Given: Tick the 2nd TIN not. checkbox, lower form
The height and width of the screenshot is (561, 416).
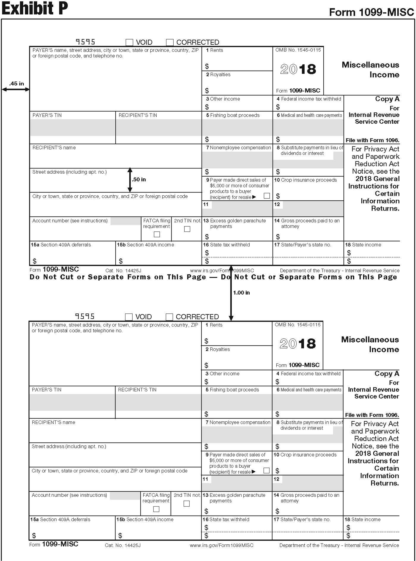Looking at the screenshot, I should point(187,504).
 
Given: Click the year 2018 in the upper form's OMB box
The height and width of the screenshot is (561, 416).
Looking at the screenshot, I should point(298,69).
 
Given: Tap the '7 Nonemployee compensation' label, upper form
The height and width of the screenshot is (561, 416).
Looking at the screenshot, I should point(238,148).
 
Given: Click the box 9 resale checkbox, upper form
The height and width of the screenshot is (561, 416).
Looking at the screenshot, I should point(267,196).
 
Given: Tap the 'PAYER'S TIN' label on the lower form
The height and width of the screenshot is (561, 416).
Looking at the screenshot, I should point(47,390).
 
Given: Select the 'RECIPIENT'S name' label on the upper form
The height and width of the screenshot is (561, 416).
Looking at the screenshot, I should point(54,148).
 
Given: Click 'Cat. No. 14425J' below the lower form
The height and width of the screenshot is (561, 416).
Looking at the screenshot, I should point(123,545).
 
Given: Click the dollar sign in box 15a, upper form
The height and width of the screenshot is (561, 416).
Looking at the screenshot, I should point(34,261).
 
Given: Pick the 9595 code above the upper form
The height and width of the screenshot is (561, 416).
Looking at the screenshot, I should point(85,42).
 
